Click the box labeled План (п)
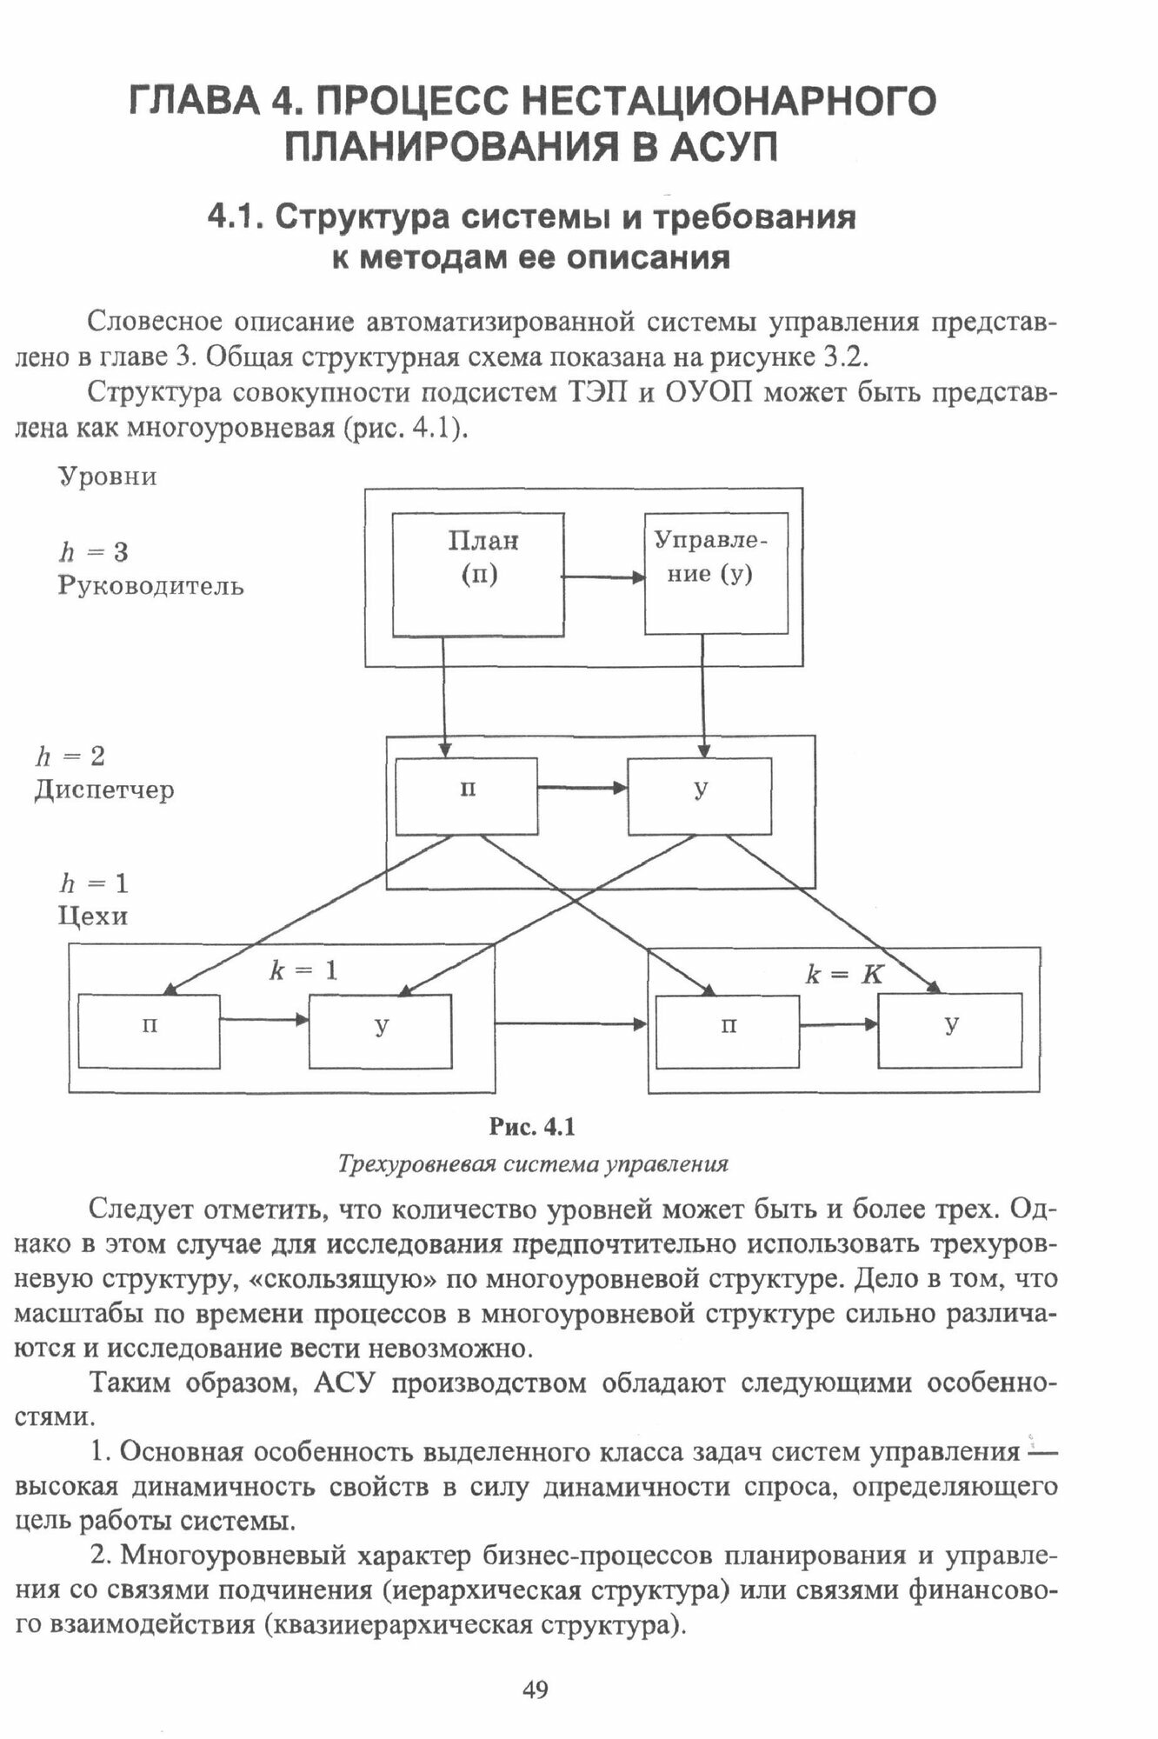pos(478,575)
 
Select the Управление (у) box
pos(715,573)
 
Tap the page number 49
pos(536,1690)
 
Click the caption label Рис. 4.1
pos(533,1128)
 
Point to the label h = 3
pos(94,552)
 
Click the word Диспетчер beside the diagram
pos(104,790)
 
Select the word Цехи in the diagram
pos(93,916)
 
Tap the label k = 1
pos(303,970)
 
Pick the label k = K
pos(844,975)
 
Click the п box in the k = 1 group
pos(150,1031)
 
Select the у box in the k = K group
pos(950,1031)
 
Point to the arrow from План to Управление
pos(604,576)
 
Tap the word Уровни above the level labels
pos(107,477)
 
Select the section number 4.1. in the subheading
pos(236,217)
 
